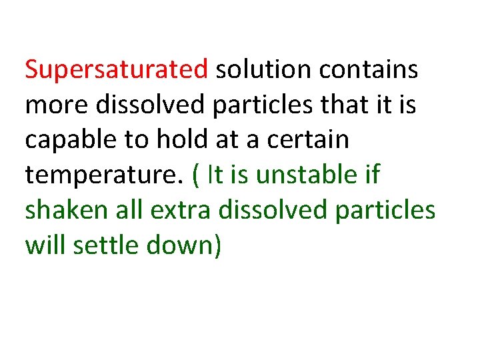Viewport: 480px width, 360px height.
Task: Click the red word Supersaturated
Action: [117, 70]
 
